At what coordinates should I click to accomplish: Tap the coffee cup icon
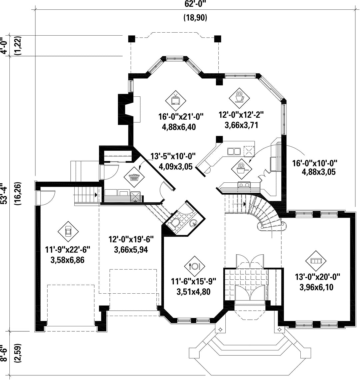point(239,98)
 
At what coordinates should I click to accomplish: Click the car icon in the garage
point(68,231)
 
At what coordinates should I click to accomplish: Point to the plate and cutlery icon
point(194,266)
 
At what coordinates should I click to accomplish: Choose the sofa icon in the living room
point(316,261)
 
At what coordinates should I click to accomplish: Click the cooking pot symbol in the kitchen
point(241,169)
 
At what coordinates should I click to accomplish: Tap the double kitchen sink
point(234,151)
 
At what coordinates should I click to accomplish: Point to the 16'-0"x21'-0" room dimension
point(181,117)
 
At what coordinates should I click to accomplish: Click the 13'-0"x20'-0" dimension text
point(318,277)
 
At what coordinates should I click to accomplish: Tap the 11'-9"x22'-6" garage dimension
point(68,249)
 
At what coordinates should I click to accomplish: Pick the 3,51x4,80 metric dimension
point(193,292)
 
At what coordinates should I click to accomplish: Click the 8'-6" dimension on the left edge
point(4,353)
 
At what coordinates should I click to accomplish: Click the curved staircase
point(267,213)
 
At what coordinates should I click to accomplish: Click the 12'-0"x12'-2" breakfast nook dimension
point(241,114)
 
